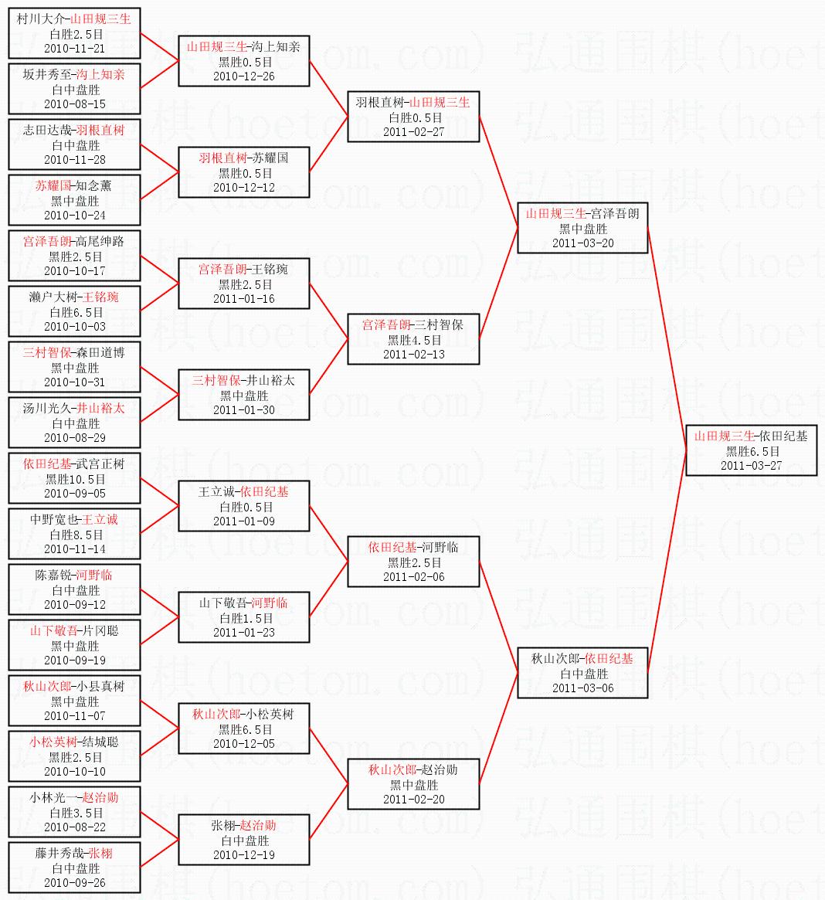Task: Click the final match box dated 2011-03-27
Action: click(751, 451)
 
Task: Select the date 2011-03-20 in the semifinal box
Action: click(582, 243)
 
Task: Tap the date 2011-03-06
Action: click(582, 688)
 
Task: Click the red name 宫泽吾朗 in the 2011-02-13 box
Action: click(386, 325)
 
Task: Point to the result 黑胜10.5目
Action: click(75, 479)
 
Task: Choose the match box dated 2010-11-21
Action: click(74, 34)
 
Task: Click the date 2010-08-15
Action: click(75, 104)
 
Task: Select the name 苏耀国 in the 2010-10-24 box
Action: click(53, 186)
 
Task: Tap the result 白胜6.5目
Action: click(75, 312)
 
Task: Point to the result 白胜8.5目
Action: click(75, 535)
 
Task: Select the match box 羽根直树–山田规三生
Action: click(413, 117)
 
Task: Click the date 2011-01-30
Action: click(244, 410)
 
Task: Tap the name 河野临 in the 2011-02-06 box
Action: click(441, 548)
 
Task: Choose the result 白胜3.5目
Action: click(75, 813)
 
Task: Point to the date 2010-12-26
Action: click(244, 76)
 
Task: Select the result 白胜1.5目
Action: click(244, 618)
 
